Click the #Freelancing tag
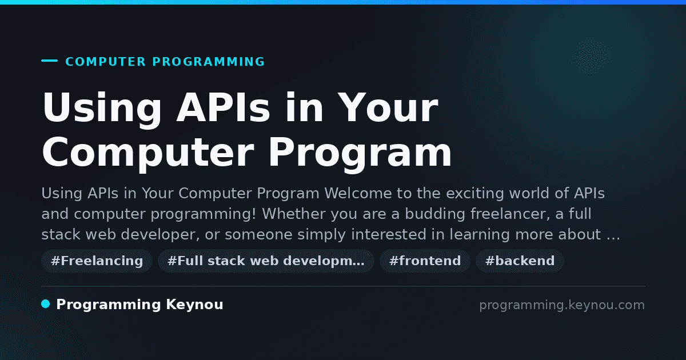(97, 261)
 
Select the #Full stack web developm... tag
(266, 261)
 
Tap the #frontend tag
(425, 261)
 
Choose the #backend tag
(520, 261)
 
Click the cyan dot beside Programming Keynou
(46, 304)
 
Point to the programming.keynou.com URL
(562, 305)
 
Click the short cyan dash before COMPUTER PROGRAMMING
(49, 61)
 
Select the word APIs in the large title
(224, 107)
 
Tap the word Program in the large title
(360, 155)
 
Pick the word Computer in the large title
(148, 155)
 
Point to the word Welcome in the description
(358, 193)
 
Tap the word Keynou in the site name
(194, 305)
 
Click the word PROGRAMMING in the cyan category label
(208, 62)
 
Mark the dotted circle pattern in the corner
(591, 57)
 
